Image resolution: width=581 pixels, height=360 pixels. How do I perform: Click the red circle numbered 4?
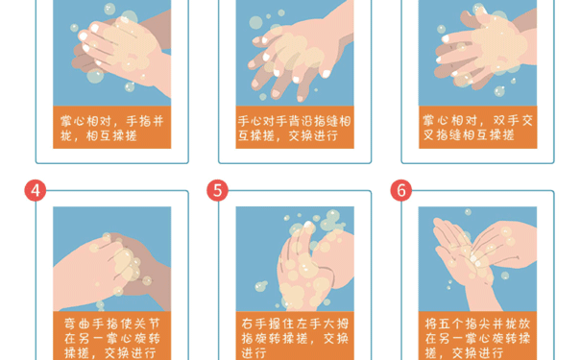click(36, 190)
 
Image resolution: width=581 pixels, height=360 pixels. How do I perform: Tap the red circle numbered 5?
click(219, 190)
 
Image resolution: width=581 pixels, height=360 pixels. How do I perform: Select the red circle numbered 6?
click(401, 190)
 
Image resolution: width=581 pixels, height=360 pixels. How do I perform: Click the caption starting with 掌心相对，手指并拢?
click(111, 128)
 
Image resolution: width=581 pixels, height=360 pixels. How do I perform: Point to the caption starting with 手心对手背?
click(294, 128)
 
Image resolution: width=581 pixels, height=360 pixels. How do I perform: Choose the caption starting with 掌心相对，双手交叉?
click(476, 128)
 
